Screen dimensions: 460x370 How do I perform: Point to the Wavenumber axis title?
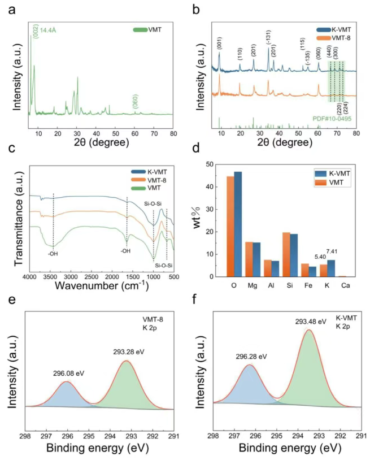tap(103, 287)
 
